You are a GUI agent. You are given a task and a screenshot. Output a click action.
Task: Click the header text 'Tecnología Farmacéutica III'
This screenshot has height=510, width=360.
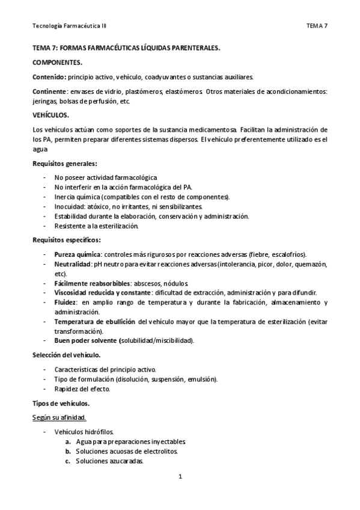(70, 26)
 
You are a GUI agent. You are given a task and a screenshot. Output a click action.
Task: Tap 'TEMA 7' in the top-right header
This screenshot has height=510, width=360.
(317, 26)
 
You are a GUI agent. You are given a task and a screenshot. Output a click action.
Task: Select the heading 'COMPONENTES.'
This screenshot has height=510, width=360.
(57, 62)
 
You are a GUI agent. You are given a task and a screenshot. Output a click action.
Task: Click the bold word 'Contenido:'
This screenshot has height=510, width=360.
(49, 77)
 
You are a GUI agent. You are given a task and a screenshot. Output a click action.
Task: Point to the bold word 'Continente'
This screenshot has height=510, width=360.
(49, 91)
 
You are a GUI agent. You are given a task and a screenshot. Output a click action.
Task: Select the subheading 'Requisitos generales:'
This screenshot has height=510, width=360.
(64, 163)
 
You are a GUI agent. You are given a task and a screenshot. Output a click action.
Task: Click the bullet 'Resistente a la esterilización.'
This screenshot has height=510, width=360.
(97, 226)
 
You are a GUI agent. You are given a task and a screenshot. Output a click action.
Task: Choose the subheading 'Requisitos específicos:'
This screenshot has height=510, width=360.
(67, 240)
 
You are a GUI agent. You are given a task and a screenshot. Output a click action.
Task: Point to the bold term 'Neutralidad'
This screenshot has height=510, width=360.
(72, 264)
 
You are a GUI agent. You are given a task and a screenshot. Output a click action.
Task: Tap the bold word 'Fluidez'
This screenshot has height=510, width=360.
(66, 303)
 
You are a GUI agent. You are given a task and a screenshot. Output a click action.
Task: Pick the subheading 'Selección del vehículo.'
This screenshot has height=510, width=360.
(66, 355)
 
